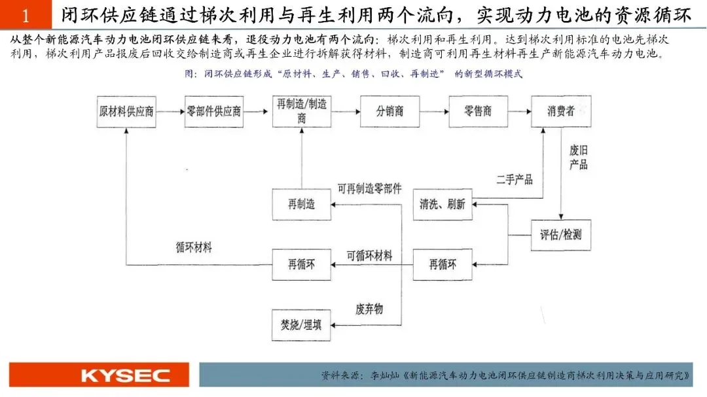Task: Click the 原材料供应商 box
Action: (126, 111)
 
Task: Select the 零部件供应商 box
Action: (214, 111)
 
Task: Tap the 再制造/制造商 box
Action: (301, 111)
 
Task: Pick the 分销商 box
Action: (390, 111)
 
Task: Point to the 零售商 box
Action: (477, 111)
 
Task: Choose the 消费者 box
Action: (561, 111)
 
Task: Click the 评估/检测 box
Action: (561, 234)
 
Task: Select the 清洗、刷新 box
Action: (443, 204)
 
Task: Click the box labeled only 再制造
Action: (302, 204)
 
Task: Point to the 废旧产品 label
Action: (579, 157)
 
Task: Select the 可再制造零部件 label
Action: (369, 188)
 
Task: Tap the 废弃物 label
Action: (369, 307)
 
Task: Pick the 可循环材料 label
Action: (369, 256)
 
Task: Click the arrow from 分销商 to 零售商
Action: (434, 111)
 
